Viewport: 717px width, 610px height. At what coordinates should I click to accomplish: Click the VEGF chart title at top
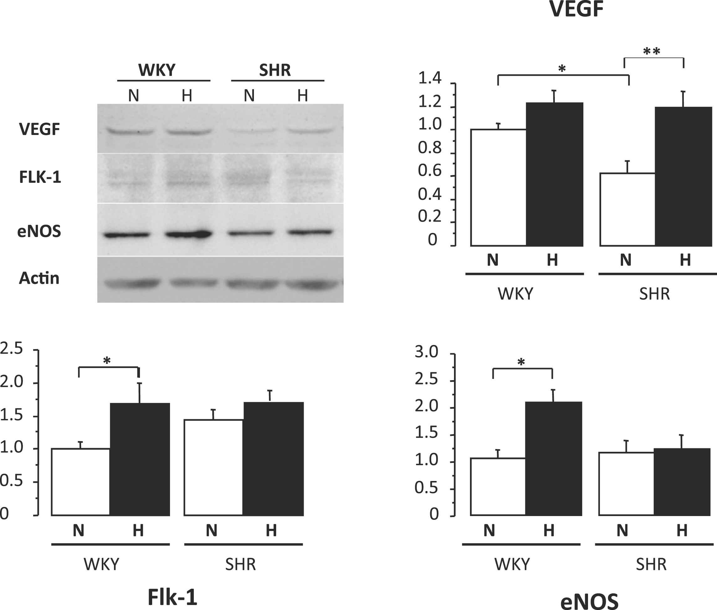576,9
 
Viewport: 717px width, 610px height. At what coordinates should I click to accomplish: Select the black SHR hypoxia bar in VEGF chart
683,176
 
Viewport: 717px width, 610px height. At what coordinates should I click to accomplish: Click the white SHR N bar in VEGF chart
627,209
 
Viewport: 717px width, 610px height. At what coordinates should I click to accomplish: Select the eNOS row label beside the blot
39,231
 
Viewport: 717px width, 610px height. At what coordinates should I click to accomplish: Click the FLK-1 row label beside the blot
40,177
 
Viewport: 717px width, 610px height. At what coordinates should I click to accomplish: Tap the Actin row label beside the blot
39,278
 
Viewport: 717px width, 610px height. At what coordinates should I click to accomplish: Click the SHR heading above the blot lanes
275,70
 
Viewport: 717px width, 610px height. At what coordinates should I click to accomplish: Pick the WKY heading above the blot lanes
157,70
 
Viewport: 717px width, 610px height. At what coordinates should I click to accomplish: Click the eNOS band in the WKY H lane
188,234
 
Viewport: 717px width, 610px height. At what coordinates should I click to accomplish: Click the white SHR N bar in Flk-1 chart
213,467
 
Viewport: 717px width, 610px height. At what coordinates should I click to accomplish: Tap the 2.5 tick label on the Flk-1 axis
11,349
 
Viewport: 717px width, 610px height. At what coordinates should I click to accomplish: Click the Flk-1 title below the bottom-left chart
172,597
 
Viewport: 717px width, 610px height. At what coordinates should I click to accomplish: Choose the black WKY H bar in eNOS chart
554,458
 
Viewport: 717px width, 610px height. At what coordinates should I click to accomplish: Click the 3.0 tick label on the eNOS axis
426,352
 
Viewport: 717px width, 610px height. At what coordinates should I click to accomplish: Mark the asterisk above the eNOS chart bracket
521,362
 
